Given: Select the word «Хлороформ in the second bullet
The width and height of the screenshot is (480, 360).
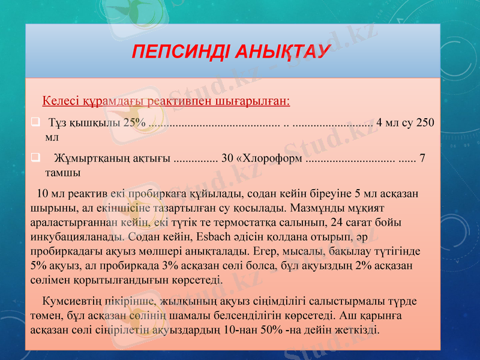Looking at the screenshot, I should tap(269, 159).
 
